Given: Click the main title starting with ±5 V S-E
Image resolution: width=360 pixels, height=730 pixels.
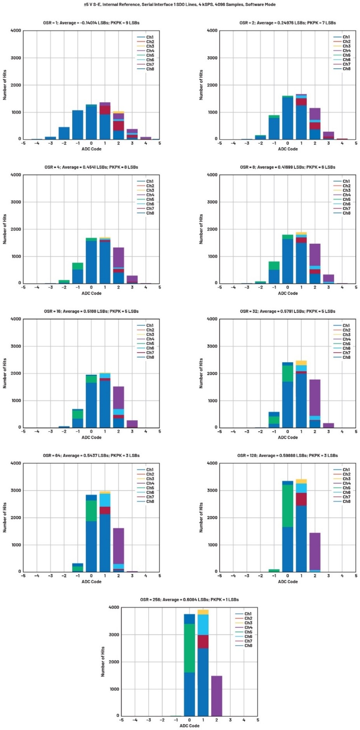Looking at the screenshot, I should coord(180,5).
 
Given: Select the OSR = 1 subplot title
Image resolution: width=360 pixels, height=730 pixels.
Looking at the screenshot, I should coord(91,23).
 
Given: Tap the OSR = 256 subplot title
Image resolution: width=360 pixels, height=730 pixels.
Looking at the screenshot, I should coord(190,600).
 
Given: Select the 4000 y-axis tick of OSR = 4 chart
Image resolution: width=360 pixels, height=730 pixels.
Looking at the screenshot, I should coord(16,175).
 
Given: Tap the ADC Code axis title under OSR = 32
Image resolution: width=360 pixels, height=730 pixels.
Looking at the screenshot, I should coord(288,438).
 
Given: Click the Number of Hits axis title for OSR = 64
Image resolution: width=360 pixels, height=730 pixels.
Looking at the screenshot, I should coord(5,517).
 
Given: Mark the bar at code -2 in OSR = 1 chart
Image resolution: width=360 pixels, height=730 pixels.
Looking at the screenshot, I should coord(64,133).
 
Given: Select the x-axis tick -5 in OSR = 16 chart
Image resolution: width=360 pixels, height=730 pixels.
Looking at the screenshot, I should coord(23,431).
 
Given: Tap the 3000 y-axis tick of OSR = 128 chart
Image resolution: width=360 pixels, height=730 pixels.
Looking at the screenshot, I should coord(212,490).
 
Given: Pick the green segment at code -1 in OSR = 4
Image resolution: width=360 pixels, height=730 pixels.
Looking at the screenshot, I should coord(78,266).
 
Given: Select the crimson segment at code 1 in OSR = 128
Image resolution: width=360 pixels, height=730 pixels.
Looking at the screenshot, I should coord(301,499).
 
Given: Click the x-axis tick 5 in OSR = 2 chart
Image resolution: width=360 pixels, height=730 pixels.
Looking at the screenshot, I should coord(356,143).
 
